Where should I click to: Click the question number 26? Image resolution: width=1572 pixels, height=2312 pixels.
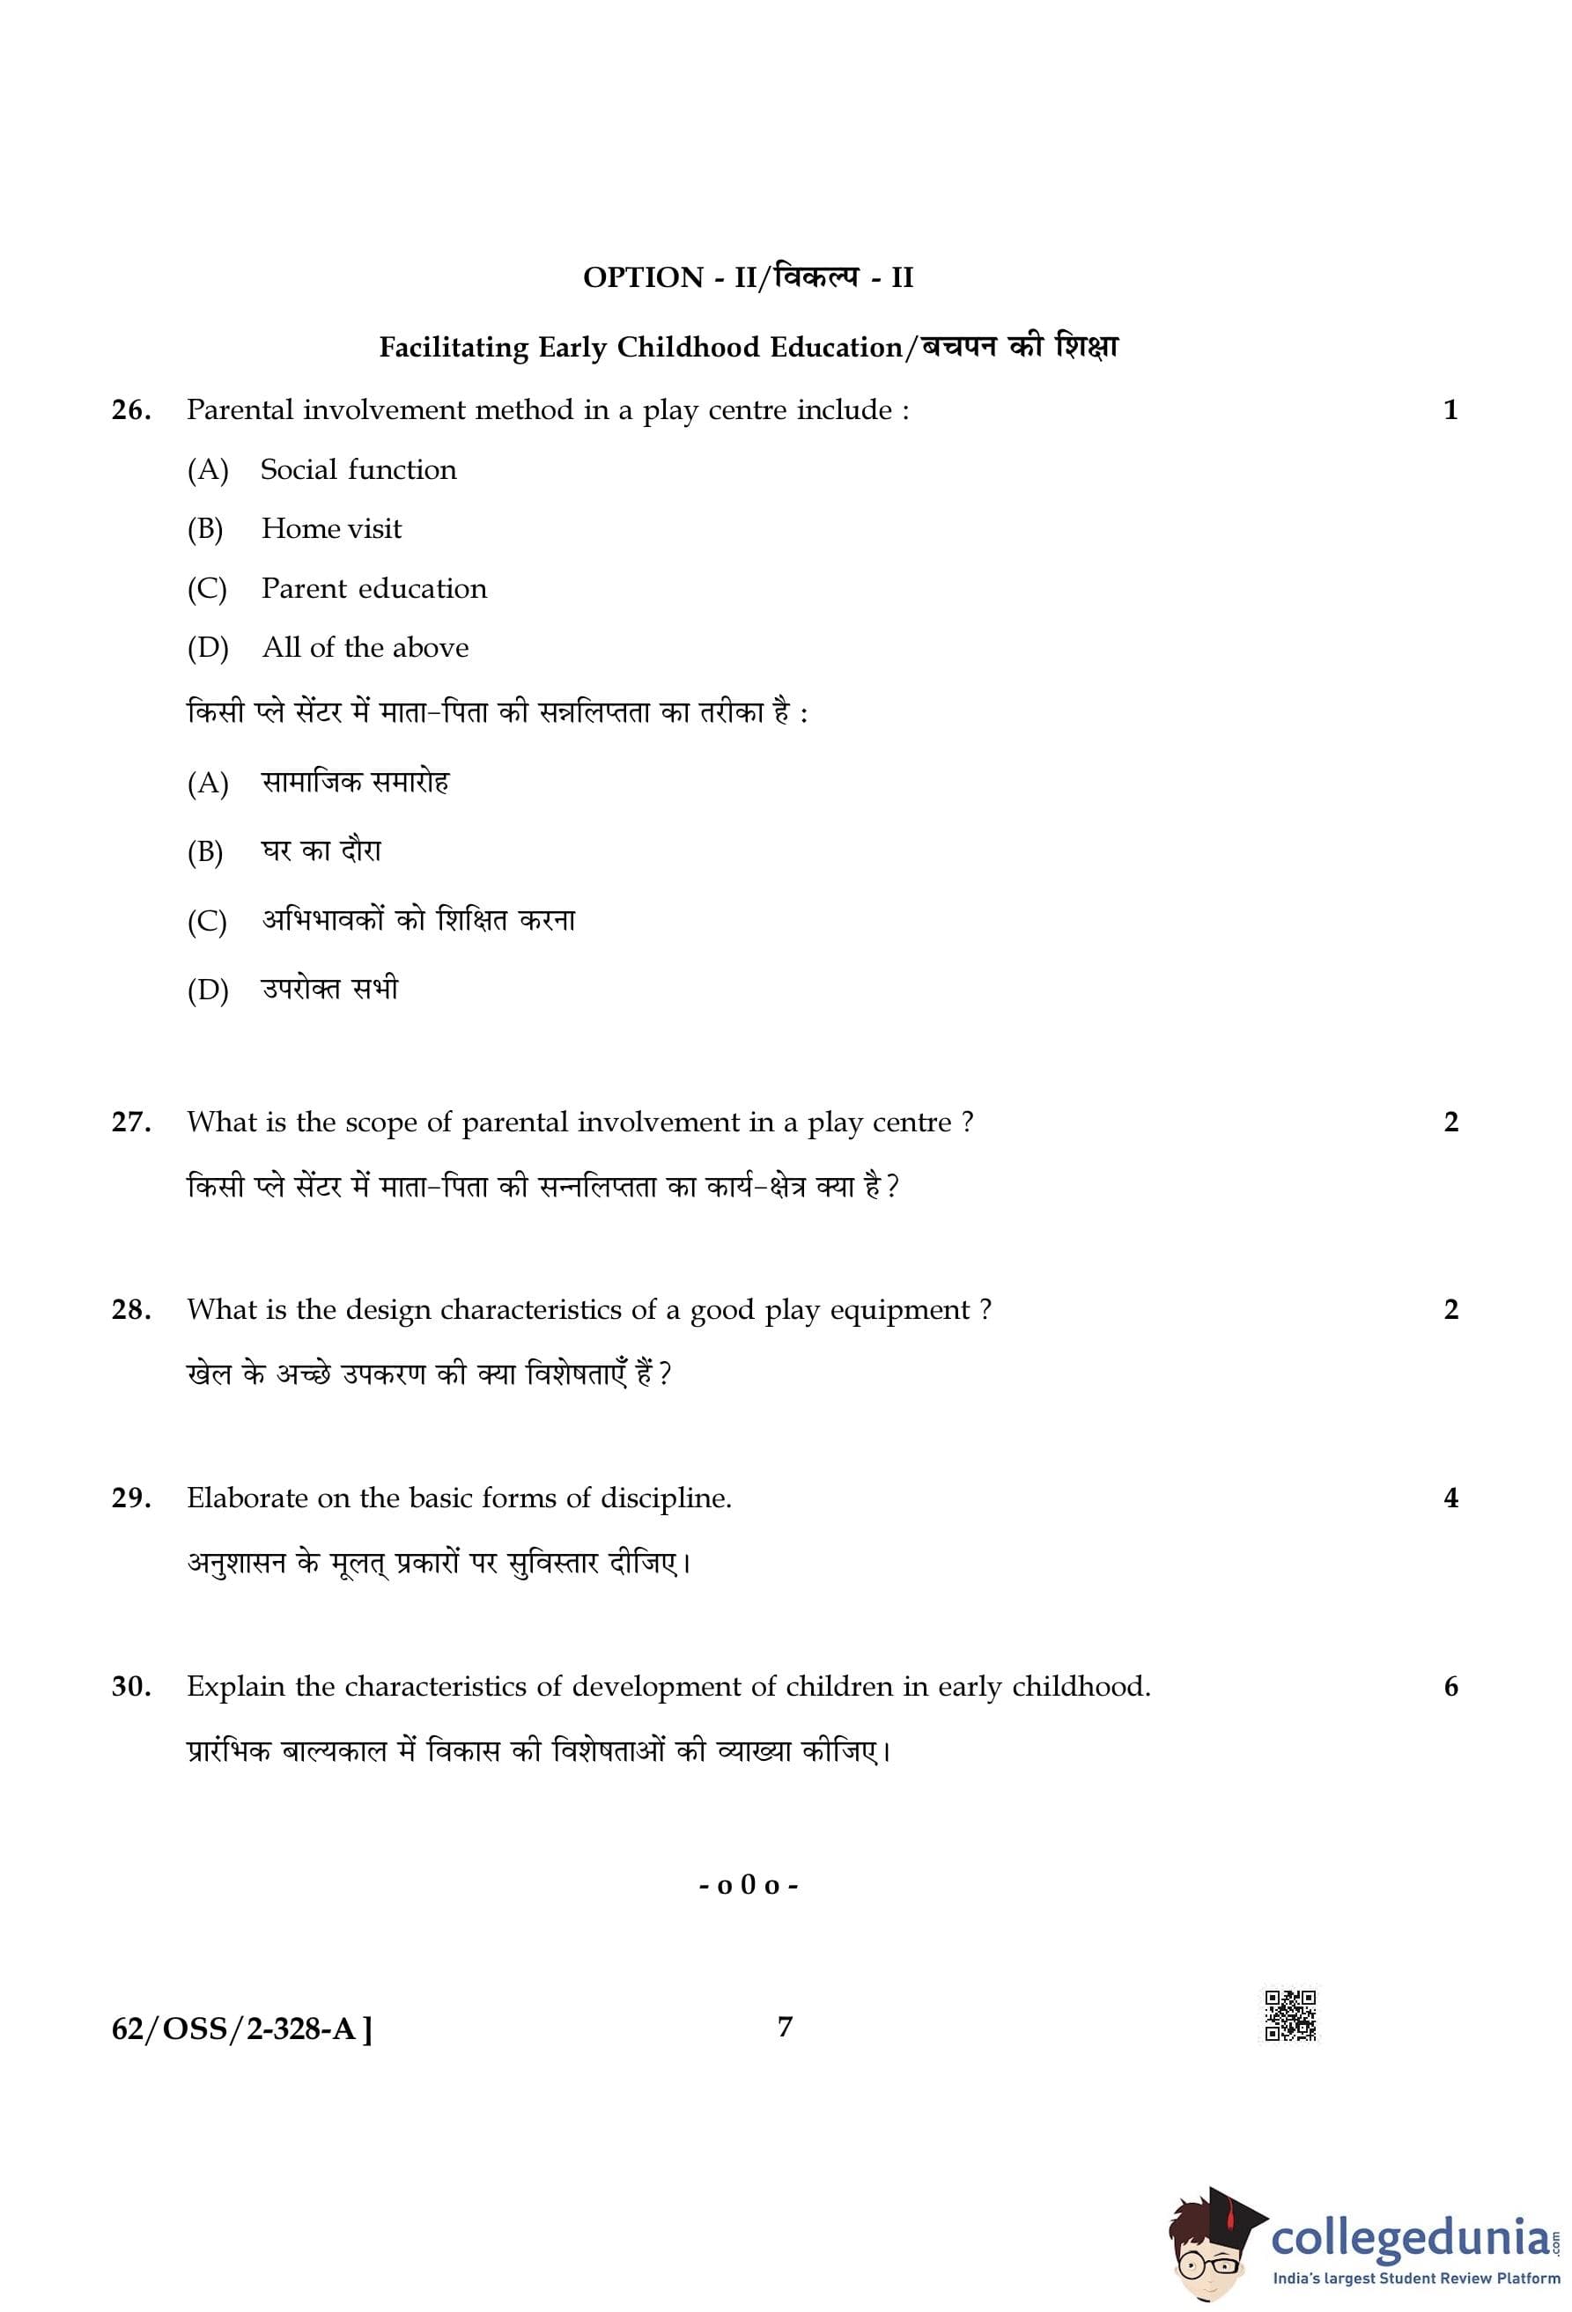coord(131,410)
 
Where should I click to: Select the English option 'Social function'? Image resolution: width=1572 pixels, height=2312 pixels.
coord(358,469)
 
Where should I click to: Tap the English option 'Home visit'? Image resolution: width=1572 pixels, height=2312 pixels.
coord(331,528)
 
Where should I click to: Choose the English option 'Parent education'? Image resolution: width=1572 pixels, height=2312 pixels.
coord(374,588)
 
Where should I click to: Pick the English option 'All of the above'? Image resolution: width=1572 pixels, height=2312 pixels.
coord(365,648)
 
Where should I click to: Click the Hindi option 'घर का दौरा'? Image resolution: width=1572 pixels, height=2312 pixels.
coord(321,850)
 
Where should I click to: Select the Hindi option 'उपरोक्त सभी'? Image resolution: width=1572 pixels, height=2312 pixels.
coord(330,989)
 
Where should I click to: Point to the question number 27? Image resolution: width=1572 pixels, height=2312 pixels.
coord(131,1123)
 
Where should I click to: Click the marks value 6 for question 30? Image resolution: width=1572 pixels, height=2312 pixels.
coord(1450,1687)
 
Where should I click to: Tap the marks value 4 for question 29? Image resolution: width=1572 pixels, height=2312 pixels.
coord(1450,1498)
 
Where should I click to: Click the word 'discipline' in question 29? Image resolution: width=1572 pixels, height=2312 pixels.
coord(664,1498)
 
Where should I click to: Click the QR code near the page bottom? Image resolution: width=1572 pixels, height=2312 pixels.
coord(1290,2015)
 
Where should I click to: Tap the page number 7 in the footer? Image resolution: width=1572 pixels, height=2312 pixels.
coord(785,2027)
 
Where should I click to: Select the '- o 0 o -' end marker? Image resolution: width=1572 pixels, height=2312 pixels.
coord(749,1885)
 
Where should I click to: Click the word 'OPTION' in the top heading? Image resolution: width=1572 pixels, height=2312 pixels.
coord(643,277)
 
